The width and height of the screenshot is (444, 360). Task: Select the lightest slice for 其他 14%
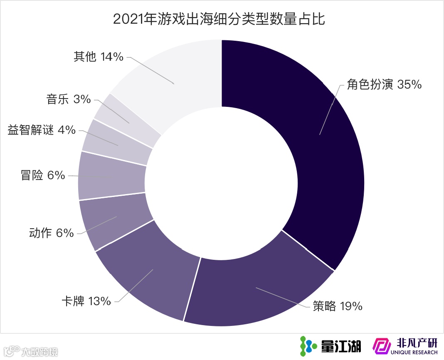pyautogui.click(x=175, y=83)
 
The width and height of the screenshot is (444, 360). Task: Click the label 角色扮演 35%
pyautogui.click(x=384, y=84)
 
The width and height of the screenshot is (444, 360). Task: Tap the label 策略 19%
pyautogui.click(x=338, y=306)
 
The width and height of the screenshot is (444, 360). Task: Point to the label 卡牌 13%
pyautogui.click(x=86, y=301)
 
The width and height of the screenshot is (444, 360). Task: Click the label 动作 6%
pyautogui.click(x=51, y=233)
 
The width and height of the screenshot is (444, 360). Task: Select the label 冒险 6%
pyautogui.click(x=43, y=175)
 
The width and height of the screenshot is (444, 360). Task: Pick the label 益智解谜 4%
pyautogui.click(x=42, y=130)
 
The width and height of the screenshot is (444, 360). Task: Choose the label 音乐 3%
pyautogui.click(x=69, y=99)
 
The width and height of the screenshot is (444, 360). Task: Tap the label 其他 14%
pyautogui.click(x=99, y=57)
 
